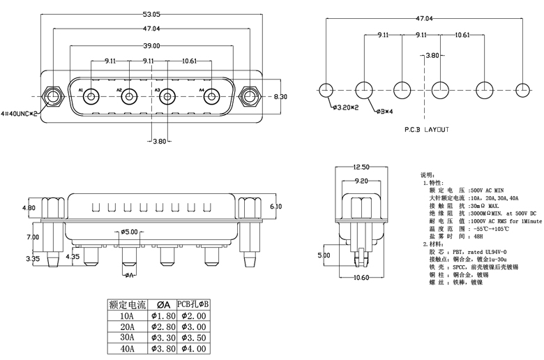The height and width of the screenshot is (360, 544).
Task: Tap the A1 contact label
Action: [x=81, y=91]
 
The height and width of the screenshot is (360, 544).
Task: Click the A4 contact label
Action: [x=202, y=91]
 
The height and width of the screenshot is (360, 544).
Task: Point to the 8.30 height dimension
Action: [x=280, y=96]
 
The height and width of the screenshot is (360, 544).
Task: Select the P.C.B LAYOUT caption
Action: [x=427, y=130]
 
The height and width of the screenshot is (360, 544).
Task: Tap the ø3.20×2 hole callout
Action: [x=344, y=108]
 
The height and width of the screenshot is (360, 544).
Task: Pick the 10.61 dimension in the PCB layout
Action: [x=462, y=34]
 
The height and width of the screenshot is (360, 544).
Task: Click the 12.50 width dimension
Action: [x=361, y=167]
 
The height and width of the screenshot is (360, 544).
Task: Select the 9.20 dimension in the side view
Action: [x=361, y=181]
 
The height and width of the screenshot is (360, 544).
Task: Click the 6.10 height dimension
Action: [x=275, y=207]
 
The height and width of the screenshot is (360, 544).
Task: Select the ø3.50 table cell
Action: [x=192, y=338]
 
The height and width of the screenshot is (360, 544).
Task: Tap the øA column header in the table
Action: [x=162, y=305]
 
